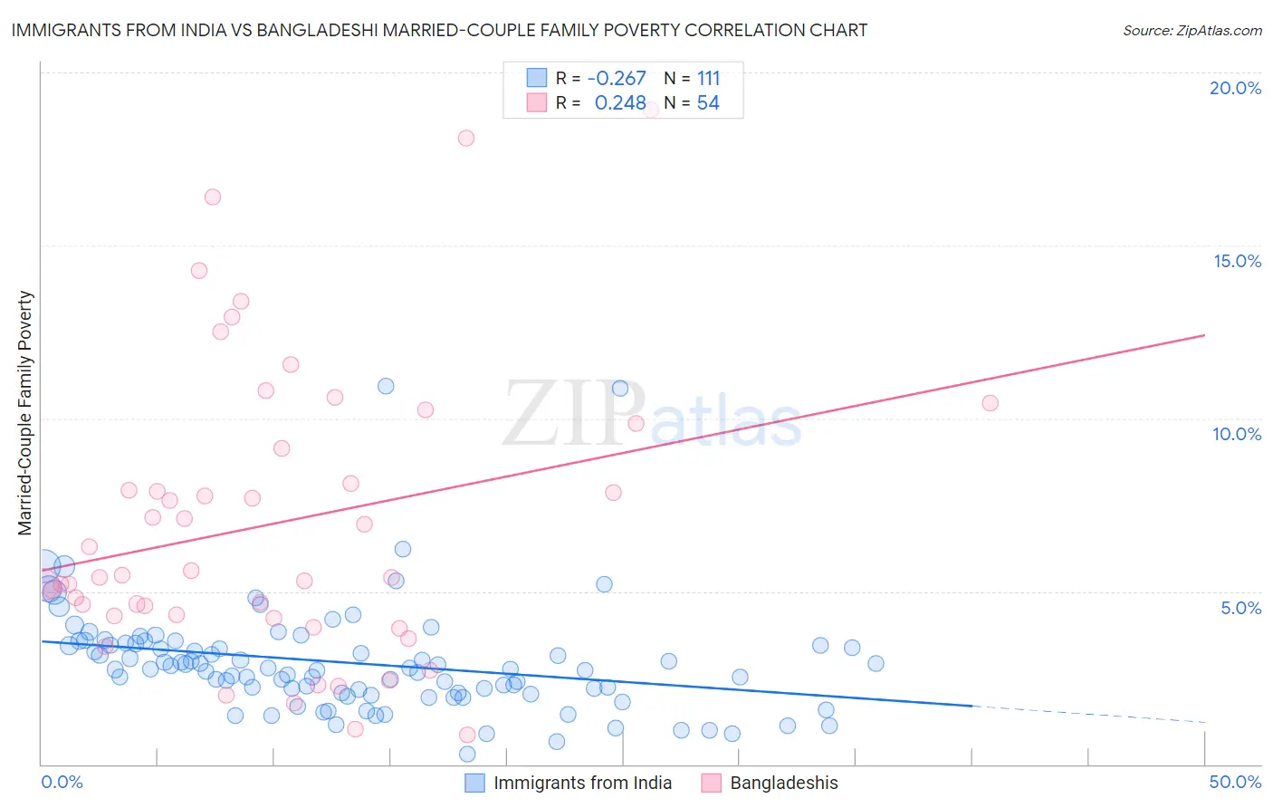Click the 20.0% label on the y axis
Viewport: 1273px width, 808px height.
click(1235, 88)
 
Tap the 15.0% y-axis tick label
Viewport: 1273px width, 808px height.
click(1237, 261)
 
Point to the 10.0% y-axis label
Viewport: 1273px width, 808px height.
click(1237, 434)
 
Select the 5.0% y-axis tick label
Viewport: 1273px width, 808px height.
click(1240, 608)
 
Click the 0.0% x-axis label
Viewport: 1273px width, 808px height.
click(62, 782)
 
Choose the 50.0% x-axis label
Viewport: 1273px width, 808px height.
click(1235, 782)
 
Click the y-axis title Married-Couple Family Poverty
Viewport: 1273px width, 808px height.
click(25, 413)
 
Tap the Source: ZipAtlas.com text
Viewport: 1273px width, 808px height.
click(1192, 30)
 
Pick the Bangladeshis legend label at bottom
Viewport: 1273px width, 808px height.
click(784, 783)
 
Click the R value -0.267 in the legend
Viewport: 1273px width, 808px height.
click(617, 79)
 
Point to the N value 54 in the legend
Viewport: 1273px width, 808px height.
click(708, 103)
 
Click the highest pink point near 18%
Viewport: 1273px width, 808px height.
click(466, 138)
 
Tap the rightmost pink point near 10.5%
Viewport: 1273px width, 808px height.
click(990, 403)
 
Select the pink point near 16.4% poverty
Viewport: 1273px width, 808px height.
click(213, 197)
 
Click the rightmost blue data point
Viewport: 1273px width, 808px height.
click(876, 663)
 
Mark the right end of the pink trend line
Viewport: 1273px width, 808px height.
click(1204, 335)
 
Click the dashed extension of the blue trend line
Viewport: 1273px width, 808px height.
click(1086, 714)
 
